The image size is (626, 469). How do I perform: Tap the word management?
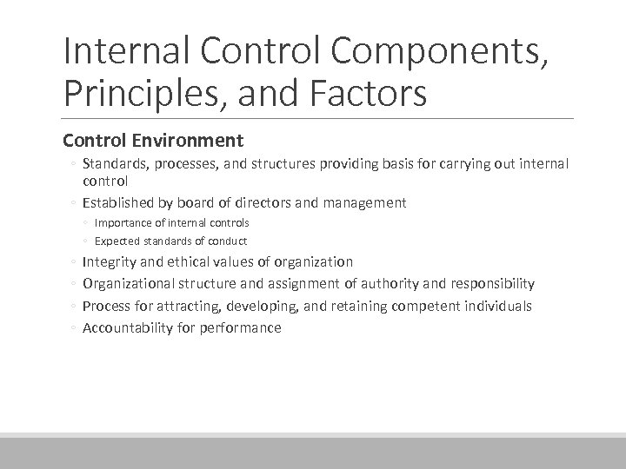(x=363, y=202)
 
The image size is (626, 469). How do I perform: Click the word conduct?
(x=228, y=241)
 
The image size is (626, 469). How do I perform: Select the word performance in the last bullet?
(x=240, y=328)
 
